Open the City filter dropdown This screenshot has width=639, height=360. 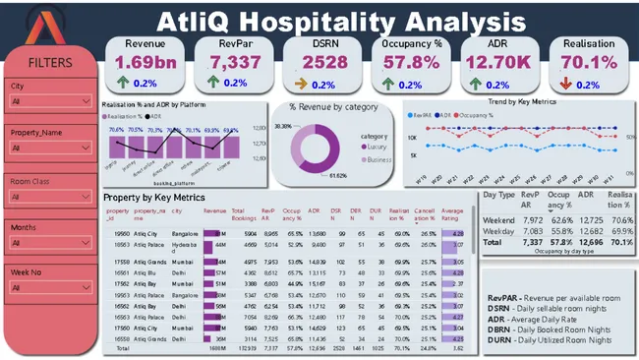[x=49, y=100]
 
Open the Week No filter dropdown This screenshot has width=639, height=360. [x=49, y=288]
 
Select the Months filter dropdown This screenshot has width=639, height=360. [x=49, y=242]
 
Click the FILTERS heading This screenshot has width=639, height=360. [x=49, y=63]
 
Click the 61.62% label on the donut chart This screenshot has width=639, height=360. [x=339, y=175]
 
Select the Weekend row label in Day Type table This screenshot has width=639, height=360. [x=499, y=220]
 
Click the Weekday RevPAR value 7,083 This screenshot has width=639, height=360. [x=531, y=230]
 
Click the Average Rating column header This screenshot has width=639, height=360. [x=452, y=215]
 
